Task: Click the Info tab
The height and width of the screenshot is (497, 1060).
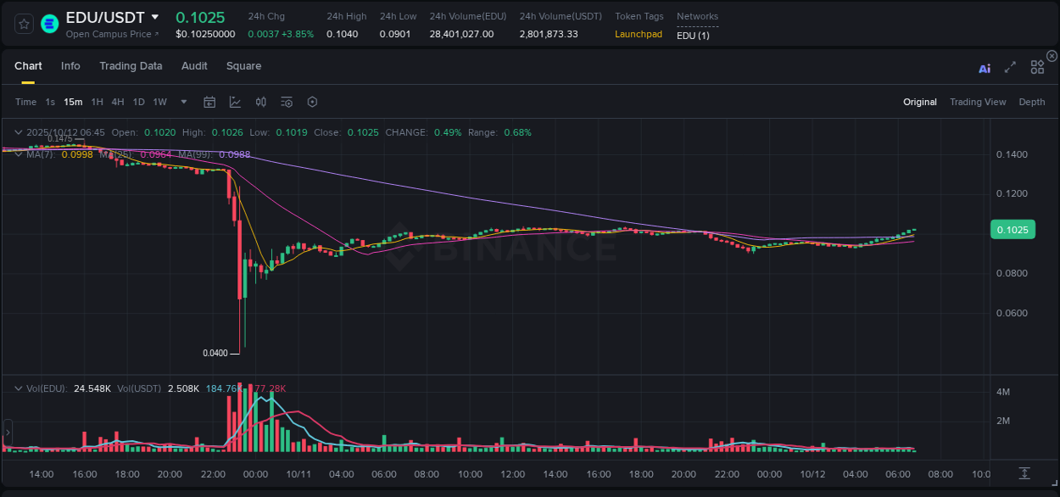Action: (x=70, y=66)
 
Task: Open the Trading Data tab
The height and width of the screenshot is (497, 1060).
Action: (x=131, y=66)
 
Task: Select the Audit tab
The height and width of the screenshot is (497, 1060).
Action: (x=194, y=66)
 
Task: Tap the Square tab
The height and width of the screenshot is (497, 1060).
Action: (x=243, y=66)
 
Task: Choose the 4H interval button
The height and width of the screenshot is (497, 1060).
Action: (x=118, y=102)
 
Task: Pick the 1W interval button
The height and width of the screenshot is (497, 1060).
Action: (x=159, y=102)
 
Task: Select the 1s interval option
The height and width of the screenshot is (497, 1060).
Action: (x=50, y=102)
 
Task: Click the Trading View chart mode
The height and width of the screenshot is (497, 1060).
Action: (x=978, y=102)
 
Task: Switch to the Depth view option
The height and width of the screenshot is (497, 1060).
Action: (x=1032, y=102)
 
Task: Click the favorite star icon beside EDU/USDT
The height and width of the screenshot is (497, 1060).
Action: (x=25, y=24)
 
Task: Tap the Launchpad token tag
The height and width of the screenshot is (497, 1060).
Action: (x=639, y=34)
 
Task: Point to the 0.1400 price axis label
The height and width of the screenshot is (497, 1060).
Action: (x=1012, y=154)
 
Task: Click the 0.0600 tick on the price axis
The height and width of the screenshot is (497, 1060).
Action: (x=1012, y=313)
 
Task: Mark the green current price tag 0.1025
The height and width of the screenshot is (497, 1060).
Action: (x=1013, y=229)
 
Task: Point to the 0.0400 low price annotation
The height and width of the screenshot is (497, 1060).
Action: (x=215, y=353)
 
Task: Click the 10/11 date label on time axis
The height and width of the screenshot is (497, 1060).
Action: (x=298, y=473)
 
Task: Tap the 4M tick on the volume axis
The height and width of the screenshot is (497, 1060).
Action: (x=1002, y=392)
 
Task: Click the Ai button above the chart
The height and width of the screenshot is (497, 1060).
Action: (x=985, y=69)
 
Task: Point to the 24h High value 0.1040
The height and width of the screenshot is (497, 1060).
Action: (x=342, y=34)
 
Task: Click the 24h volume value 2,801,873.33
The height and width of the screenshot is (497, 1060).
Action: (x=549, y=34)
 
